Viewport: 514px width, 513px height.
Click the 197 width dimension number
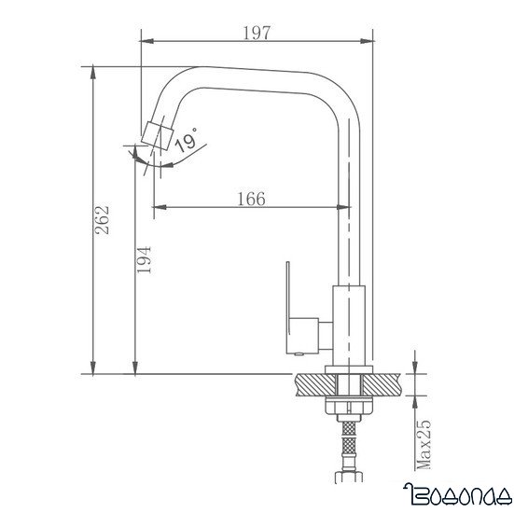pyautogui.click(x=255, y=34)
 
